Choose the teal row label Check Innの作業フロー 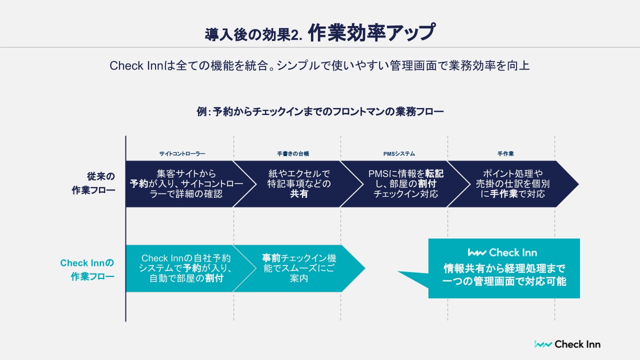[87, 269]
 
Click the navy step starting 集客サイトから [180, 183]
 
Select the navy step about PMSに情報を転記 [405, 183]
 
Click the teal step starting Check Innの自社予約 [186, 268]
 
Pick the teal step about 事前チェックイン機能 [299, 268]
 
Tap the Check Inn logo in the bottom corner [567, 344]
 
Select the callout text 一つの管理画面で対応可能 [504, 281]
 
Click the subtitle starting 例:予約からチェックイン [320, 111]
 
